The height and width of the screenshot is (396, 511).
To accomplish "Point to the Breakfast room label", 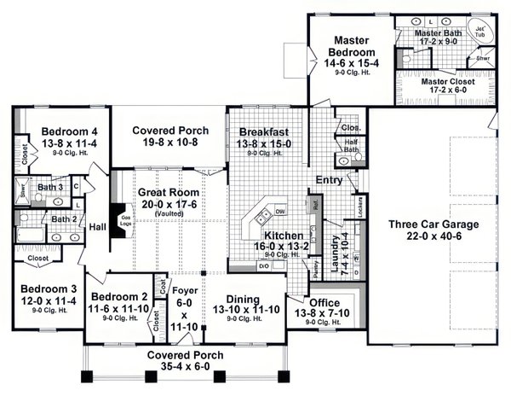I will (x=263, y=132).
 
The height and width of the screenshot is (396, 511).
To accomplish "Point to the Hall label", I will (x=96, y=226).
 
